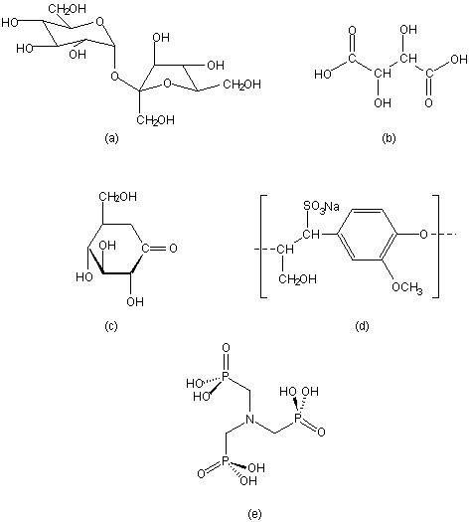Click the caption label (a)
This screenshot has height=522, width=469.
point(111,137)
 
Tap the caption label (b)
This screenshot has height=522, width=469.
point(389,137)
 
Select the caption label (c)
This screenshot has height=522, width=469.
point(111,326)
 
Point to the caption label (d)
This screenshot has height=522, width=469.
point(363,326)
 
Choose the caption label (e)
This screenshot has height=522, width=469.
point(254,513)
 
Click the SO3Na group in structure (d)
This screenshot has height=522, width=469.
point(321,207)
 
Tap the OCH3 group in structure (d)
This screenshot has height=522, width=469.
point(407,287)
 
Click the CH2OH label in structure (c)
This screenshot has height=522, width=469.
point(118,197)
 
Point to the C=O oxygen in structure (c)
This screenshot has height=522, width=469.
point(173,249)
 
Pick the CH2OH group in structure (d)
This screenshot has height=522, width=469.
point(297,278)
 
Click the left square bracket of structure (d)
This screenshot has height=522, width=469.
point(263,247)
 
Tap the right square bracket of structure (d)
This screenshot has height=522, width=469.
point(435,247)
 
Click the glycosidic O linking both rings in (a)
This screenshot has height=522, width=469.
point(114,77)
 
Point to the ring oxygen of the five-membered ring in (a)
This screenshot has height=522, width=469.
point(168,83)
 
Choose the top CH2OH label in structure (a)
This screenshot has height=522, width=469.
point(67,9)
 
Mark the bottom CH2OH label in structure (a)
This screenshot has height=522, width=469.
point(155,119)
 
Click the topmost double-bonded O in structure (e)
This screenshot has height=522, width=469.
point(226,348)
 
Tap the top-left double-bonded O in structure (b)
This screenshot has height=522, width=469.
point(352,30)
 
